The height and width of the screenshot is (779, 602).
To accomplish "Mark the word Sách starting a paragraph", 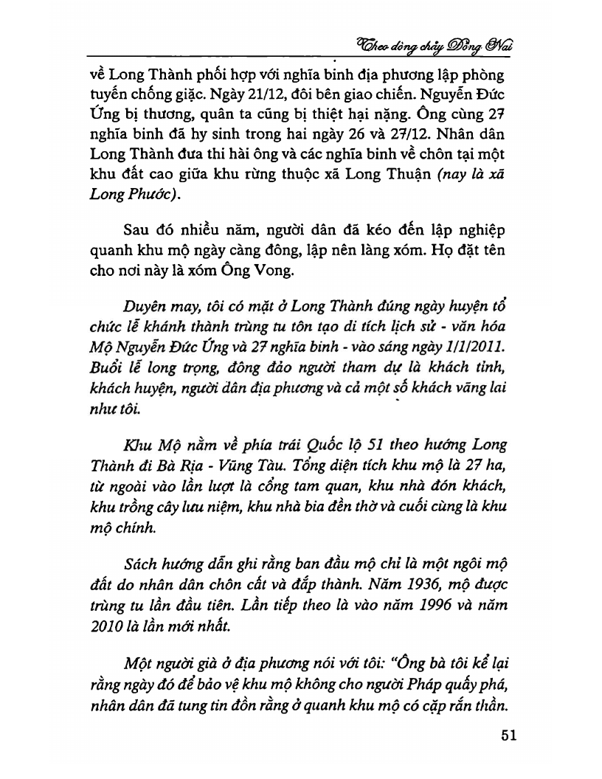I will (x=149, y=567).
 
